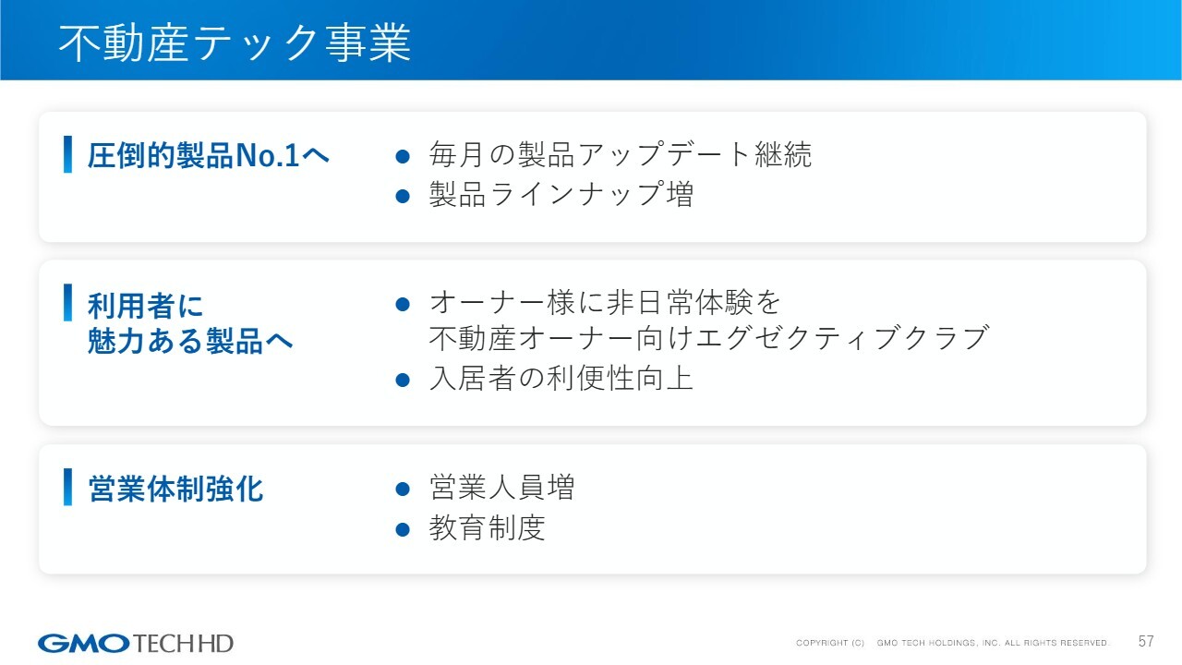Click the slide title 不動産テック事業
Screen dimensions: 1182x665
tap(235, 43)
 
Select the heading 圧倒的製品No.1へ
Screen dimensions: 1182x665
tap(209, 156)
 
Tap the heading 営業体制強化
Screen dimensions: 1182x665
tap(175, 489)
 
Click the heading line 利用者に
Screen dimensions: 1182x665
tap(145, 306)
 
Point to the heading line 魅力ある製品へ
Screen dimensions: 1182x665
tap(190, 341)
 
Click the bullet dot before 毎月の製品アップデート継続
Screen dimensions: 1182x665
tap(403, 156)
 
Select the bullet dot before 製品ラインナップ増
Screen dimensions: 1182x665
tap(403, 197)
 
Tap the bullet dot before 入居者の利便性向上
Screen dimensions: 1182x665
tap(403, 380)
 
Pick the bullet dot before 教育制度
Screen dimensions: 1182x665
tap(403, 529)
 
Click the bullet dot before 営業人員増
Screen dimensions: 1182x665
tap(403, 489)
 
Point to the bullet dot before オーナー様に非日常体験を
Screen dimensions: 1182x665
tap(403, 304)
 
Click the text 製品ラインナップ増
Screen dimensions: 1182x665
tap(561, 194)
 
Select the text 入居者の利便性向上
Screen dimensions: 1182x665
tap(561, 378)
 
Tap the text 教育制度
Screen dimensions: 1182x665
tap(487, 527)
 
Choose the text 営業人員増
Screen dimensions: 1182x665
tap(501, 487)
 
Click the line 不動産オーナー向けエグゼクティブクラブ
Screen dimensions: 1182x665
tap(708, 338)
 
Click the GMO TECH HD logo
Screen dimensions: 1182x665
tap(135, 644)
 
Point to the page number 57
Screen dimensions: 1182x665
tap(1146, 641)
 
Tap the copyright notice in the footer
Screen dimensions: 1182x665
tap(952, 643)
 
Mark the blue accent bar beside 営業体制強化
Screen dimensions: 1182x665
tap(67, 487)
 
